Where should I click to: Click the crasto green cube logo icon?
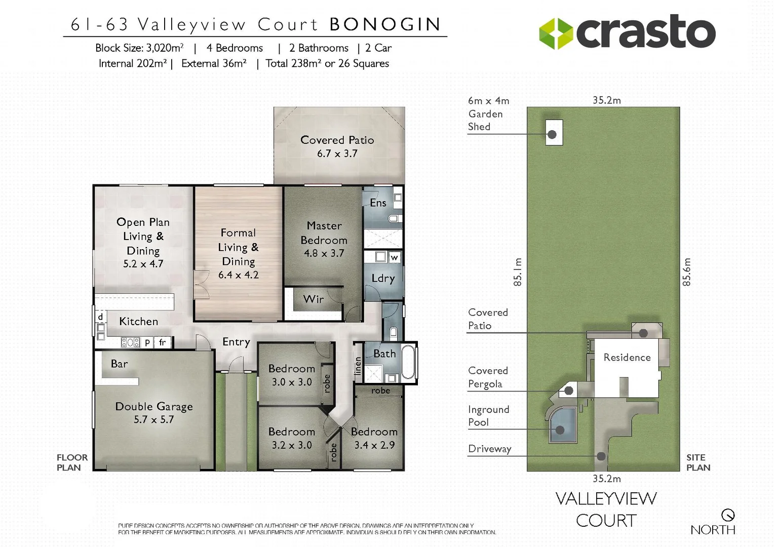point(556,33)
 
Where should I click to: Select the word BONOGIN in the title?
point(385,24)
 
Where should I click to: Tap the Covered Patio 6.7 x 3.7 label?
point(337,146)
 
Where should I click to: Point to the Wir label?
point(313,299)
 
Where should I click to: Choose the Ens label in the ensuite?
point(378,203)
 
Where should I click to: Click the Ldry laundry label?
point(383,278)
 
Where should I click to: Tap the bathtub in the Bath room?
point(408,362)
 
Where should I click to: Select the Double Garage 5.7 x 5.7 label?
point(154,412)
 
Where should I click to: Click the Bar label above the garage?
point(120,364)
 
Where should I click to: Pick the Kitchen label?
point(138,321)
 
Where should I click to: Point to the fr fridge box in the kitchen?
point(162,342)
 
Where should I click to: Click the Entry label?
point(236,342)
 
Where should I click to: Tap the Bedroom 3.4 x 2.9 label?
point(374,438)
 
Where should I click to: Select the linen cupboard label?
point(358,366)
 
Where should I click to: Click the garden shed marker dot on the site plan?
point(552,134)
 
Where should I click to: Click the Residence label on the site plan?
point(627,357)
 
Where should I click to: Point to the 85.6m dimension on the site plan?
point(686,272)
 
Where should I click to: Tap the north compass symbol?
point(728,515)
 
